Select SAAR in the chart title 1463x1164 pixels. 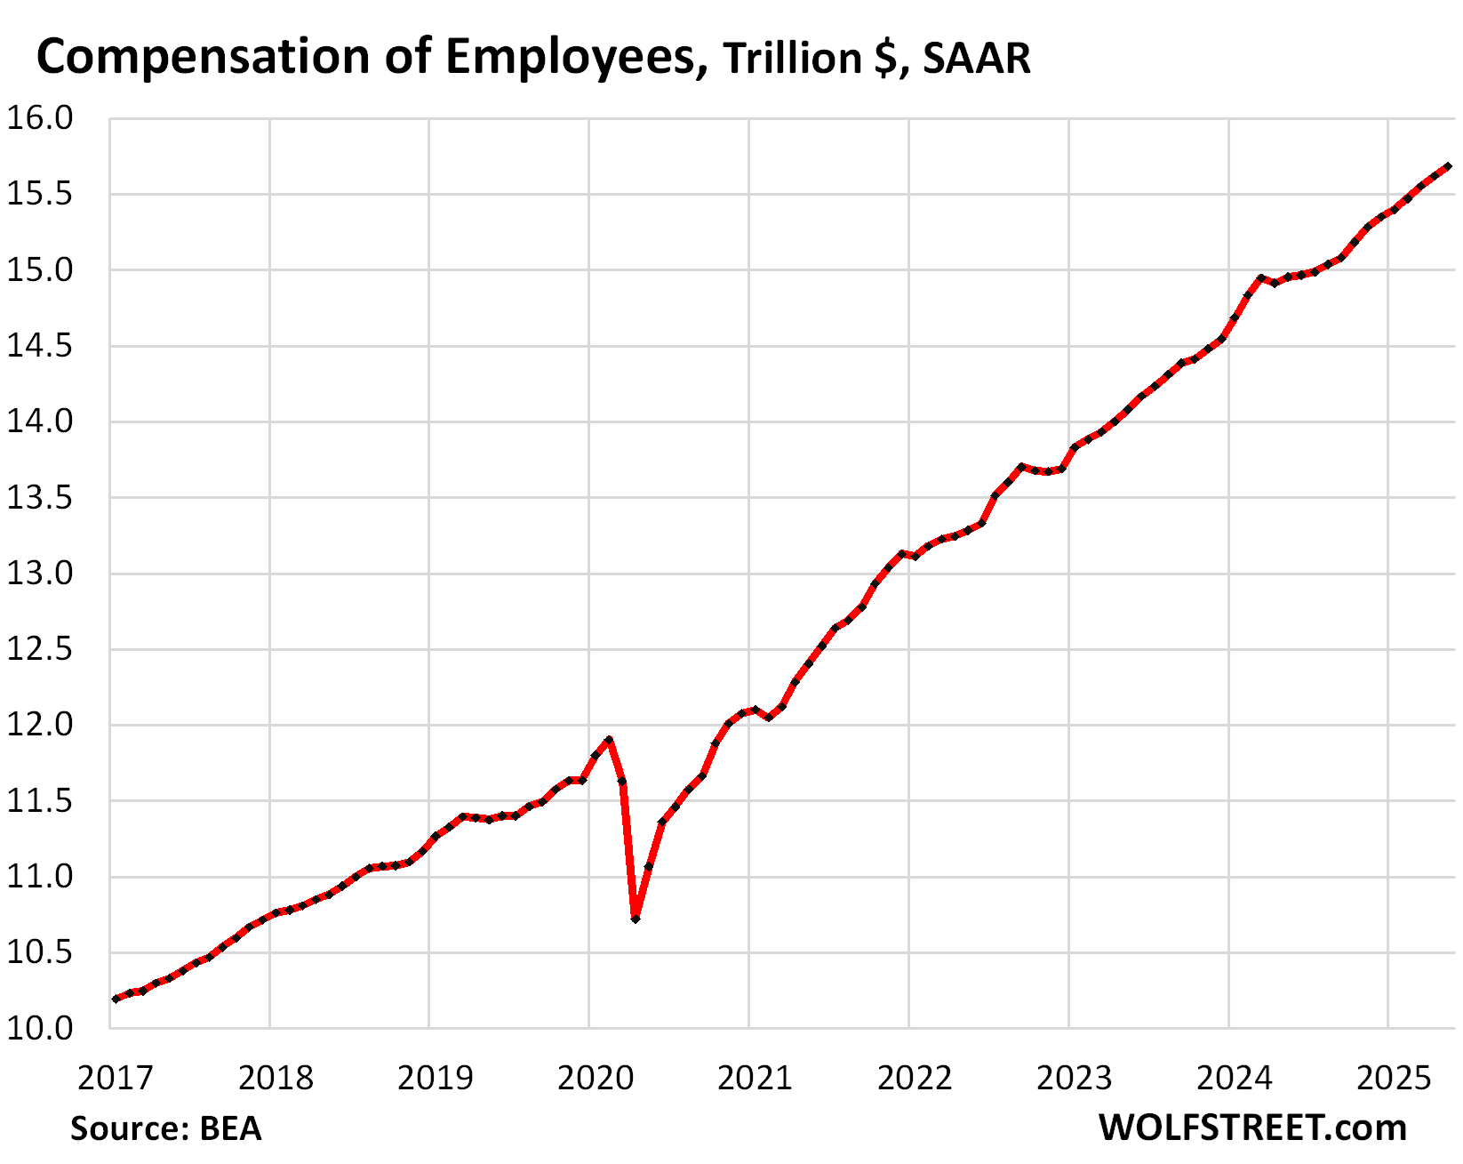976,60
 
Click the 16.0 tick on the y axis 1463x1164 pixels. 40,118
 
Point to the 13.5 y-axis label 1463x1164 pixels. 40,498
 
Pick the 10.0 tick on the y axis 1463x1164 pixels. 40,1029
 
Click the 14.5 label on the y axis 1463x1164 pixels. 40,346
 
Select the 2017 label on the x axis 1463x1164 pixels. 116,1078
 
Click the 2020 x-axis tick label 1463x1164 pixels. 595,1078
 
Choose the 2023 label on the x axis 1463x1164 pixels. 1074,1078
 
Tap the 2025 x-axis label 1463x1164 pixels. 1394,1078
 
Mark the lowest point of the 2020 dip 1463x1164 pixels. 636,919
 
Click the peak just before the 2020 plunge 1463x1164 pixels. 609,739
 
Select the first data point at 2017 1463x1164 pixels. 116,999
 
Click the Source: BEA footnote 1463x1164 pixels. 166,1128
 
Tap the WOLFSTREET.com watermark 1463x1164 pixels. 1252,1128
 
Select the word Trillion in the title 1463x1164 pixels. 792,60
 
